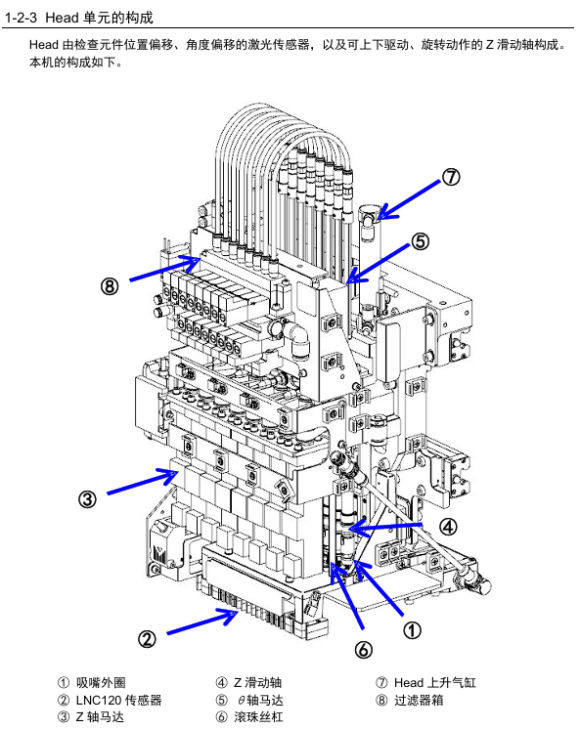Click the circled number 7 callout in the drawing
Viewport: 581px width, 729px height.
click(451, 177)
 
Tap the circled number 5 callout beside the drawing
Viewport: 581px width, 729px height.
click(420, 241)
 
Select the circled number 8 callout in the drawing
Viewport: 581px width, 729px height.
click(110, 286)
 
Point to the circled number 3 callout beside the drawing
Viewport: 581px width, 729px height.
click(87, 499)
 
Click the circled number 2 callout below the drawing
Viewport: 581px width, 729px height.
click(147, 639)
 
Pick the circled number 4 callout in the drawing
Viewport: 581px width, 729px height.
click(448, 527)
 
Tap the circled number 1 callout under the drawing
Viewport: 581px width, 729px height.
click(412, 630)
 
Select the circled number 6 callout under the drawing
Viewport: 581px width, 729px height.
click(363, 650)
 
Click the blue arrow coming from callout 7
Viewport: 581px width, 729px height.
click(408, 200)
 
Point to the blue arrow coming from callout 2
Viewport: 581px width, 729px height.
click(202, 622)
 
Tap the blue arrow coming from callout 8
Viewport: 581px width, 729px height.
click(164, 268)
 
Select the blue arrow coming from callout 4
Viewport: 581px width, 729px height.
click(385, 527)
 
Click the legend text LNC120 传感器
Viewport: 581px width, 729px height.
click(118, 701)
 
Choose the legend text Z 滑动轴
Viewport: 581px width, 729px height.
click(257, 682)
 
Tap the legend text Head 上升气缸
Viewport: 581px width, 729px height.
click(435, 682)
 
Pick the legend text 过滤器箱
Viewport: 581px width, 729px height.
click(419, 701)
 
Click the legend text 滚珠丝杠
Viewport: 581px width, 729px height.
click(258, 717)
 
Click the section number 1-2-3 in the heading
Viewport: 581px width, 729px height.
click(21, 18)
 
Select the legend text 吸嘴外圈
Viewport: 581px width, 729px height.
click(101, 682)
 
